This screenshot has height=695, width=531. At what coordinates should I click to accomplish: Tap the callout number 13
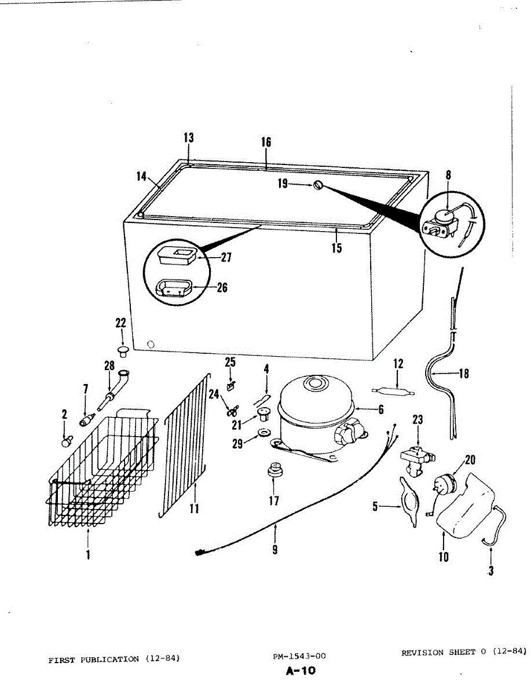pyautogui.click(x=189, y=138)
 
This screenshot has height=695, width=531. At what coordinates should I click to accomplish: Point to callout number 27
pyautogui.click(x=226, y=258)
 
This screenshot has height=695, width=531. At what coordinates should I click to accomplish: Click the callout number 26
pyautogui.click(x=222, y=287)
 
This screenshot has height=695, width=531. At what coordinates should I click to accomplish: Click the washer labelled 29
pyautogui.click(x=264, y=433)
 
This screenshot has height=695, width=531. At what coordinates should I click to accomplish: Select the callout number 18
pyautogui.click(x=464, y=374)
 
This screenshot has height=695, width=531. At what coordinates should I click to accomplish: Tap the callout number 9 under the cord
pyautogui.click(x=275, y=548)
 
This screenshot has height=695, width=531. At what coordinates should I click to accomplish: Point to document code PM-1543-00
pyautogui.click(x=299, y=656)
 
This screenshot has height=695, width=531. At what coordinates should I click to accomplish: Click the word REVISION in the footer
pyautogui.click(x=423, y=652)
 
